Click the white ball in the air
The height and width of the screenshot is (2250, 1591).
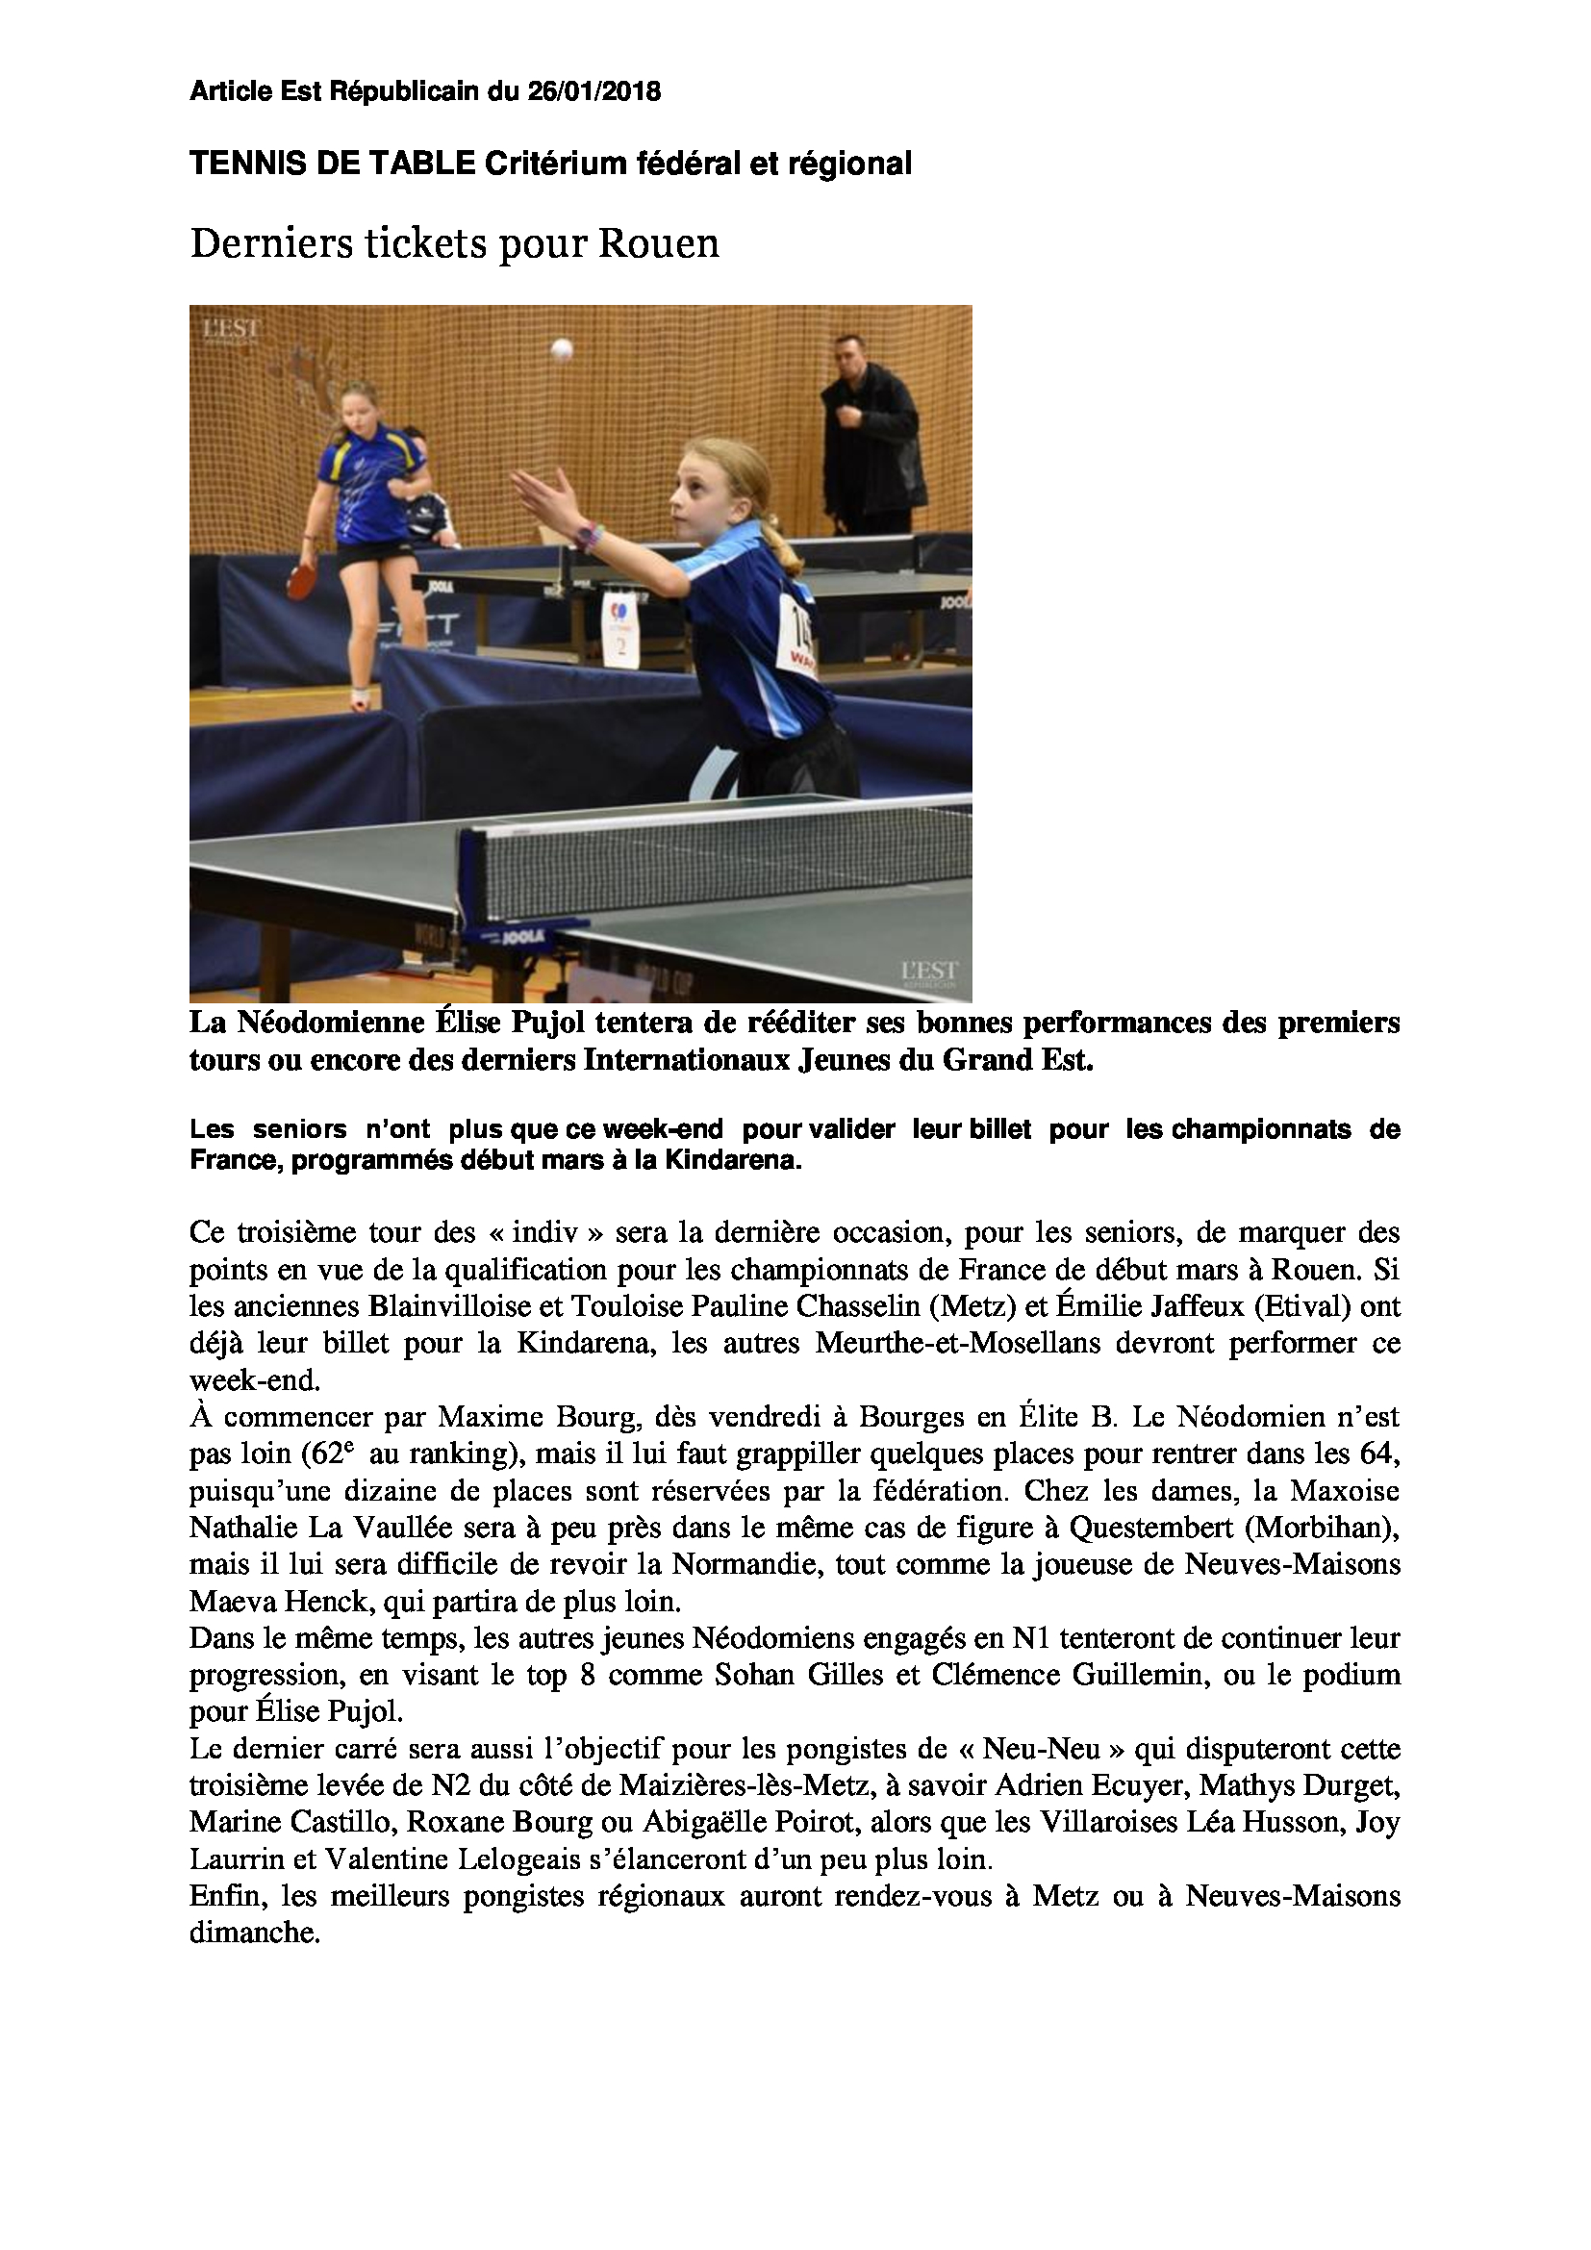[562, 349]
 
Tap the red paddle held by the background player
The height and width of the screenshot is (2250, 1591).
[299, 582]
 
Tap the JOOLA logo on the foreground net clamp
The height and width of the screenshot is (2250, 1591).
[523, 938]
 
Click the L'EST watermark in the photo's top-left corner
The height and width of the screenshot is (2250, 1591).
[231, 330]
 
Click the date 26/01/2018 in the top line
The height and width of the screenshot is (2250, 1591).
[593, 92]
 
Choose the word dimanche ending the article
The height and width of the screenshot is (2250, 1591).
[255, 1933]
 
